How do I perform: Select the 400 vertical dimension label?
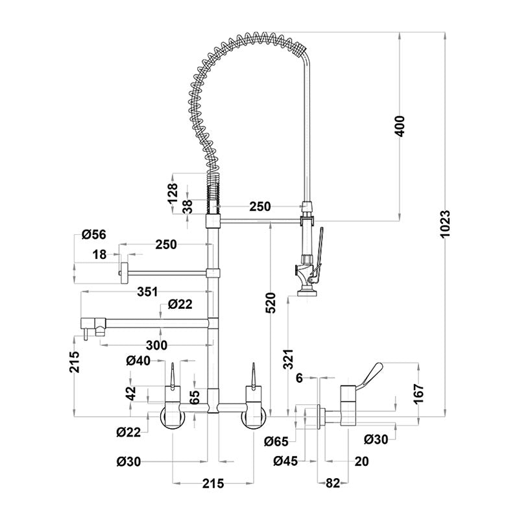[x=400, y=125]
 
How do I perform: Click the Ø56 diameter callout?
[x=94, y=235]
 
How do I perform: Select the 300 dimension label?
[x=156, y=344]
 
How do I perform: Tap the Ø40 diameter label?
[x=139, y=361]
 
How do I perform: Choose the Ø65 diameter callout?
[x=277, y=442]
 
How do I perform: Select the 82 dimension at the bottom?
[x=332, y=483]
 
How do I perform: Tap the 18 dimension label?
[x=99, y=255]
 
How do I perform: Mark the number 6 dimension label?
[x=299, y=377]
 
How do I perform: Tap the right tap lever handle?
[x=253, y=374]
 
